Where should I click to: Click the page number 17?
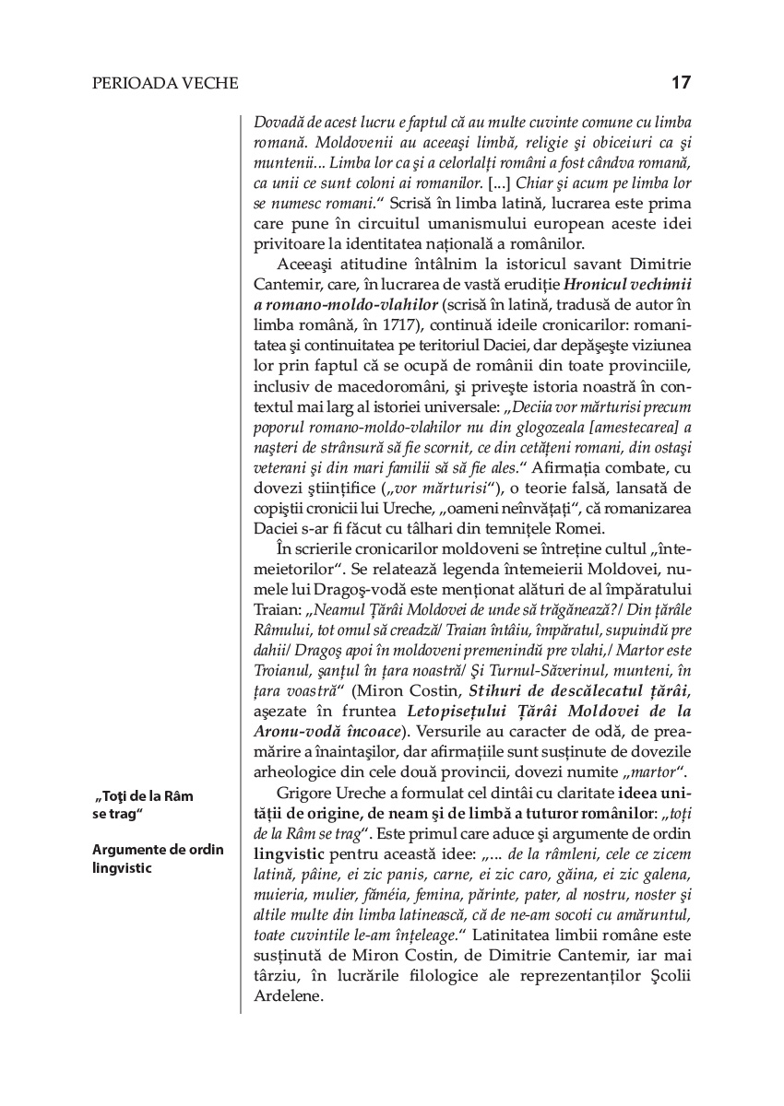click(x=681, y=83)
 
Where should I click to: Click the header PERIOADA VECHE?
click(x=165, y=84)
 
